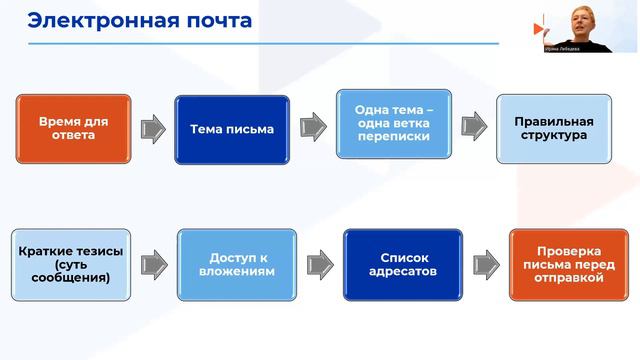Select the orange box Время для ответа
coord(74,129)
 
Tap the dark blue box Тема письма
coord(232,129)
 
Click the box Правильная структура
coord(553,128)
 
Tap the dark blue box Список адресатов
coord(402,264)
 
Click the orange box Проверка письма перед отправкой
coord(569,265)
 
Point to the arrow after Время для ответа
coord(152,128)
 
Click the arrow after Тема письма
coord(312,127)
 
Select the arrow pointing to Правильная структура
coord(473,127)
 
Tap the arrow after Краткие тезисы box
coord(153,264)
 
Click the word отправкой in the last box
coord(569,279)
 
